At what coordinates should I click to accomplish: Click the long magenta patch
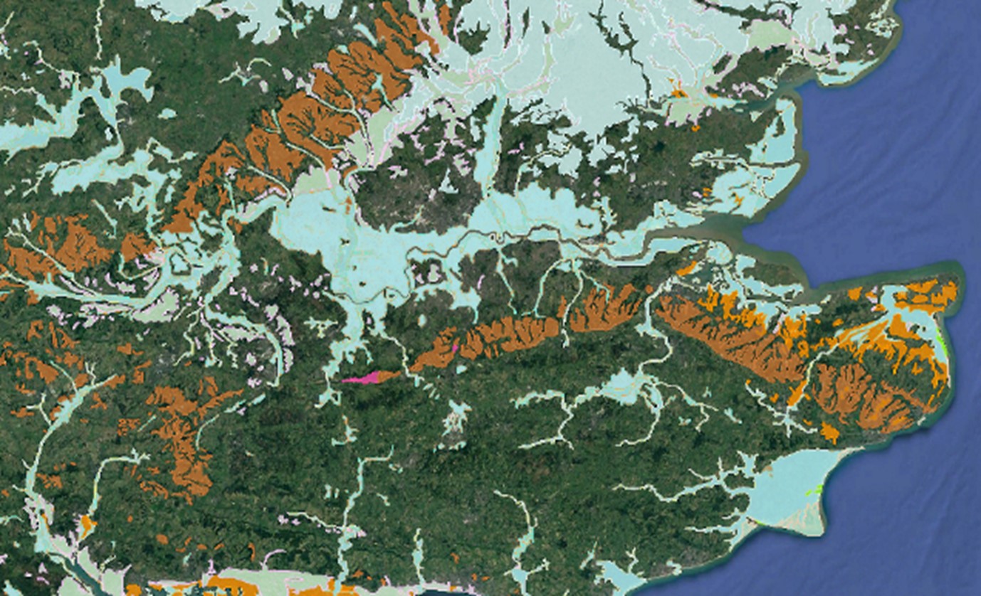pos(361,378)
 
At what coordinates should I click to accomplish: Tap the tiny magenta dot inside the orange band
pos(456,348)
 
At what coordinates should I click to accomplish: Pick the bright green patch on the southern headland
pos(818,490)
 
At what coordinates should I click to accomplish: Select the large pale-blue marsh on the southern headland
pos(783,491)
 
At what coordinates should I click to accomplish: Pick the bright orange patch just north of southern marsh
pos(829,431)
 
